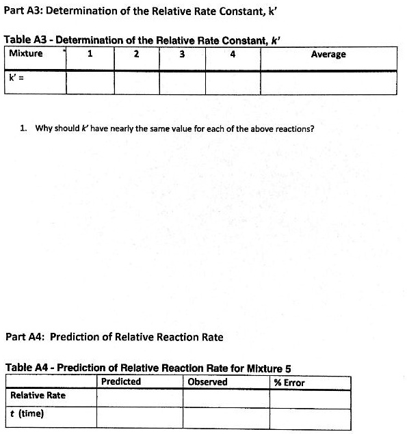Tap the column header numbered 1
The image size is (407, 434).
(90, 55)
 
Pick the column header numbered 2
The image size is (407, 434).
(137, 55)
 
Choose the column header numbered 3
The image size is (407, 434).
(182, 55)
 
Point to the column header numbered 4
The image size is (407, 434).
(233, 55)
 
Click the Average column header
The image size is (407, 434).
(328, 55)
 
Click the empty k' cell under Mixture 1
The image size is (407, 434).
(90, 82)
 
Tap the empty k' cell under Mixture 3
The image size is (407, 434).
(182, 82)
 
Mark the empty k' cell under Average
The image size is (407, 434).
(328, 82)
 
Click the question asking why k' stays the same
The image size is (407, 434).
(174, 128)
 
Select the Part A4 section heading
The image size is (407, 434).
(114, 337)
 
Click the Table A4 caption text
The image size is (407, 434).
(148, 368)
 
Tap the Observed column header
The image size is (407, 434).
(207, 382)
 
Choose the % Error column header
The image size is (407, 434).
(289, 383)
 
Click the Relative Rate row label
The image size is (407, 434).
(38, 396)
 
